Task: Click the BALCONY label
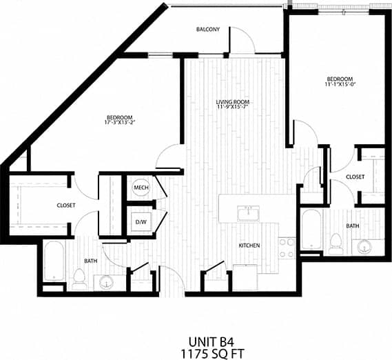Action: click(207, 29)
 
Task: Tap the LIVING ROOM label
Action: click(232, 102)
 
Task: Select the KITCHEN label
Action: click(248, 245)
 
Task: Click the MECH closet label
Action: click(141, 188)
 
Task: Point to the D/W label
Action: click(141, 222)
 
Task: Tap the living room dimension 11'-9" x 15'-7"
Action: click(232, 108)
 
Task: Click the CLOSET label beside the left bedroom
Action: click(65, 206)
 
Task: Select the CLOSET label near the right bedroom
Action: click(355, 177)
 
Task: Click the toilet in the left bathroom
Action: click(79, 277)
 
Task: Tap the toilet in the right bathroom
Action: click(336, 242)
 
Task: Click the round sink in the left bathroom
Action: click(106, 281)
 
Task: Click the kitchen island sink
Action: click(248, 213)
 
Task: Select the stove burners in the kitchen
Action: click(286, 246)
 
